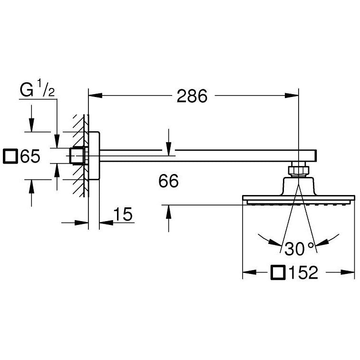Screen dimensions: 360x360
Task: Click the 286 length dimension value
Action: point(192,96)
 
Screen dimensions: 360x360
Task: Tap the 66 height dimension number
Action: point(168,181)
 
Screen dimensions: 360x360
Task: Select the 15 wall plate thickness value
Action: point(123,214)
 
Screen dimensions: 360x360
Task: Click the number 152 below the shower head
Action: point(303,272)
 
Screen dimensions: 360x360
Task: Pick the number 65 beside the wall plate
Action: point(30,156)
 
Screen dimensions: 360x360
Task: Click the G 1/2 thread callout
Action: point(38,90)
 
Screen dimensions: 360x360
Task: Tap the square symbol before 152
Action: point(278,272)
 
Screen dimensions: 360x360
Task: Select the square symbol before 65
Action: point(10,156)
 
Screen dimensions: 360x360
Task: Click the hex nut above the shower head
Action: point(299,169)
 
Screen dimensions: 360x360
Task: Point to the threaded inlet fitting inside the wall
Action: point(78,156)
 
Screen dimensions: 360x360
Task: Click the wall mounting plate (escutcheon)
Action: point(94,156)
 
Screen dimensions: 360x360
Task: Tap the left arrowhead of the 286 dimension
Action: point(95,95)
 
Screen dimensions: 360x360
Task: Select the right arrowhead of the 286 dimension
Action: point(292,95)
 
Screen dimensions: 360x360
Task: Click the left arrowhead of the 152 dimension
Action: point(250,272)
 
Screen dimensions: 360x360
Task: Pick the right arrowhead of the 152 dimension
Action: point(348,272)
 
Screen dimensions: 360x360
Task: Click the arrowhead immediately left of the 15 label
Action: point(106,222)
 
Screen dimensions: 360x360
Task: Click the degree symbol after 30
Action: point(311,245)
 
